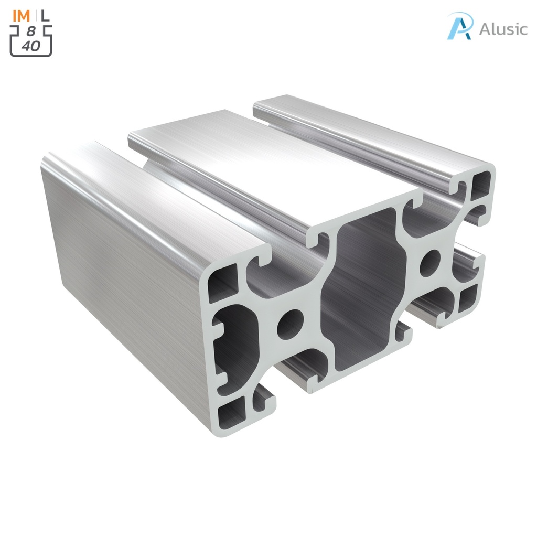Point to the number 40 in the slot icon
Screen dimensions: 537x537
pyautogui.click(x=31, y=46)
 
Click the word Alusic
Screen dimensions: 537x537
pyautogui.click(x=503, y=29)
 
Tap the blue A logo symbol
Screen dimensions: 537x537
pyautogui.click(x=460, y=26)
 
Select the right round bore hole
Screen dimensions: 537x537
pyautogui.click(x=430, y=263)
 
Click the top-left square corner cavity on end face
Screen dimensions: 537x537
pyautogui.click(x=224, y=282)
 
